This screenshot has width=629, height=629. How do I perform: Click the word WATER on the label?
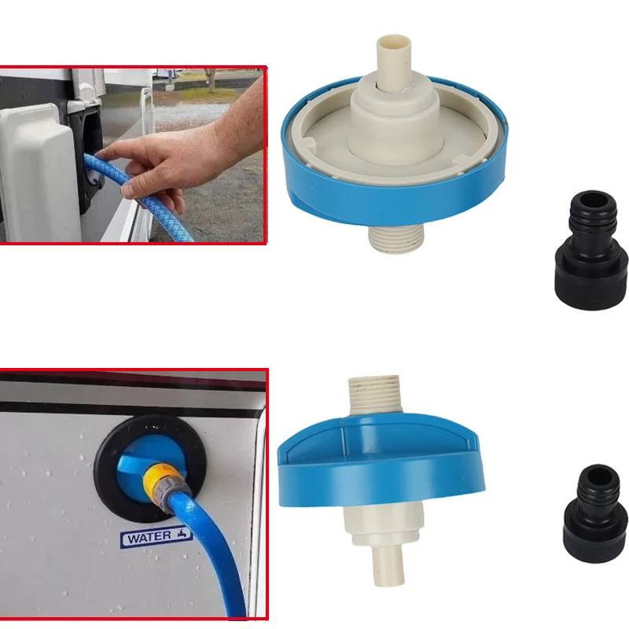pyautogui.click(x=147, y=539)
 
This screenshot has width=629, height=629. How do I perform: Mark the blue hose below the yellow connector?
pyautogui.click(x=208, y=550)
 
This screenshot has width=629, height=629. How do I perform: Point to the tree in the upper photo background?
pyautogui.click(x=211, y=77)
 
